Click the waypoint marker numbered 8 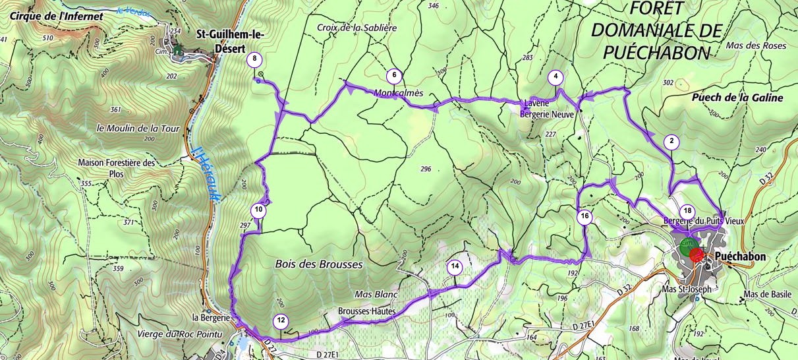[254, 60]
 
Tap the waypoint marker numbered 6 [393, 75]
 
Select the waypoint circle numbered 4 [556, 77]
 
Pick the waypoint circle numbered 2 [671, 140]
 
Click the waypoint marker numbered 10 [258, 210]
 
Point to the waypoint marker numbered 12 [281, 321]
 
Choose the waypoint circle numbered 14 [455, 266]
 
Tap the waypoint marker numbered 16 [584, 216]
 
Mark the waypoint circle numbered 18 [688, 211]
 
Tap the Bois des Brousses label [318, 264]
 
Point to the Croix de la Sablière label [356, 28]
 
